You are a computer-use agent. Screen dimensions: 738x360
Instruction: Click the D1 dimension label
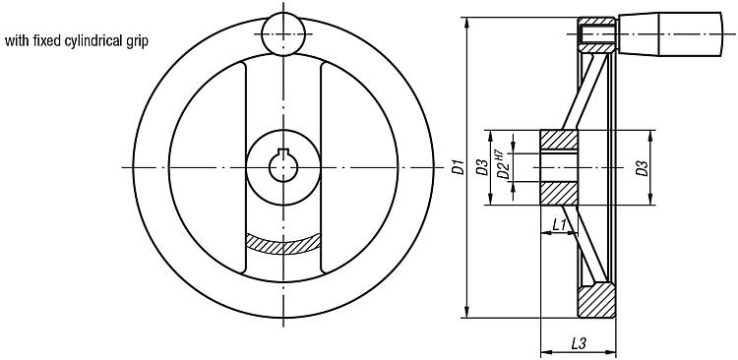click(x=459, y=167)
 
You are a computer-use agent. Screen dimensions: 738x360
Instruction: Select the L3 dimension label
click(x=578, y=343)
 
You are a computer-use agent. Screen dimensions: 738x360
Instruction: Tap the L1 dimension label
click(x=559, y=225)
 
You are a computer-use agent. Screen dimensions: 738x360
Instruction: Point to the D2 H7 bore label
click(x=503, y=164)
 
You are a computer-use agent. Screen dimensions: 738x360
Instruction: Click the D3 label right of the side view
click(x=642, y=168)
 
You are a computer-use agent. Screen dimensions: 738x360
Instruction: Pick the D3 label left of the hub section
click(x=481, y=168)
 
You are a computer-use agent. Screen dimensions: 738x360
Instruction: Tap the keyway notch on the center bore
click(x=283, y=151)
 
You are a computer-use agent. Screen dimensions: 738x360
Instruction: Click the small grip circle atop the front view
click(x=283, y=34)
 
